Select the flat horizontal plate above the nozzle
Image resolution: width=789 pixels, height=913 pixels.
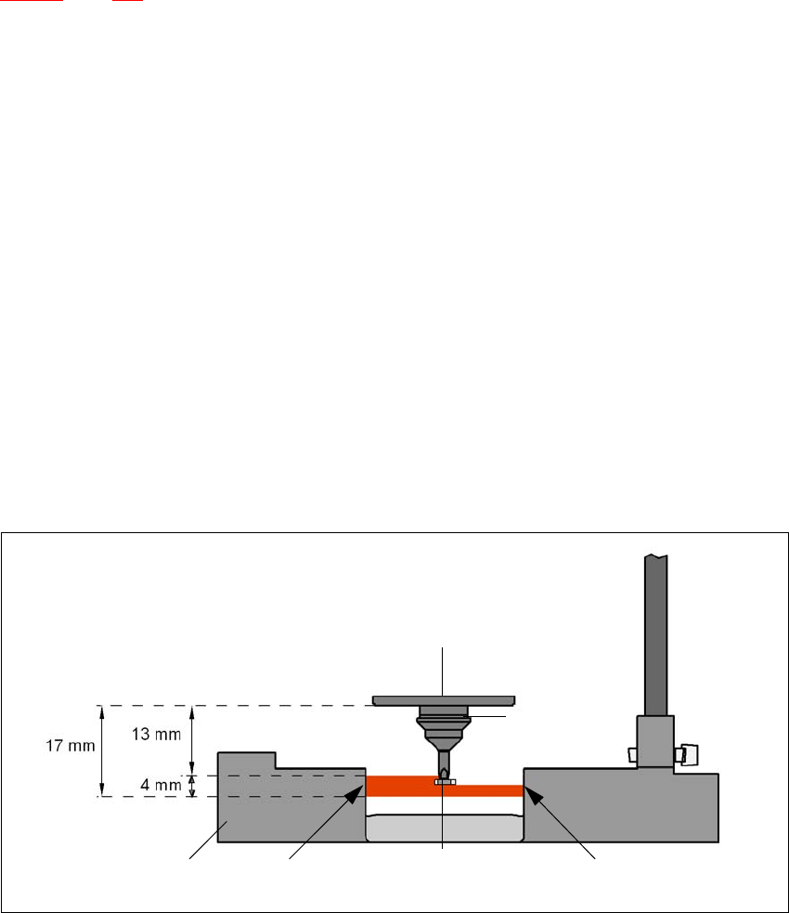tap(444, 699)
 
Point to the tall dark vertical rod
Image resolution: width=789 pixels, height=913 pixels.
tap(656, 632)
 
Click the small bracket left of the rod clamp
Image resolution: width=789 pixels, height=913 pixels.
tap(630, 753)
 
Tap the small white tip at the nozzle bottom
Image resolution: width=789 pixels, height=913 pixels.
tap(445, 782)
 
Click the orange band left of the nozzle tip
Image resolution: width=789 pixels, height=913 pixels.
tap(399, 786)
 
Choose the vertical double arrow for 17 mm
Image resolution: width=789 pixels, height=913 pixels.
tap(99, 750)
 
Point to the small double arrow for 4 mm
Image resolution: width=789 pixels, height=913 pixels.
tap(192, 786)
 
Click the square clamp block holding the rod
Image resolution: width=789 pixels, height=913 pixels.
tap(654, 740)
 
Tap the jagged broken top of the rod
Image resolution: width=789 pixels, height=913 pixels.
tap(656, 556)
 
